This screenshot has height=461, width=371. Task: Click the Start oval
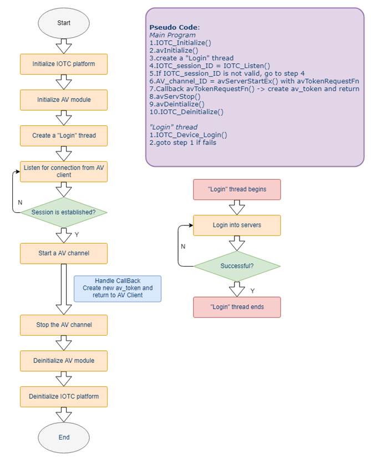(64, 23)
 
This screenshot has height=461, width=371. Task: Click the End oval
(64, 437)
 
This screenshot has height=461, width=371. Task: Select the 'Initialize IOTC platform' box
(64, 64)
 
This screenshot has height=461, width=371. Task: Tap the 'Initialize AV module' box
(64, 100)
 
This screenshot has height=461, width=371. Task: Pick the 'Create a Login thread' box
(64, 136)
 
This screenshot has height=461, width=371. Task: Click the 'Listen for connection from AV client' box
(64, 171)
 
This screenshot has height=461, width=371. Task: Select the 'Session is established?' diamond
(64, 212)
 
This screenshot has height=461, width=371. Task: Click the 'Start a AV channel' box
(64, 253)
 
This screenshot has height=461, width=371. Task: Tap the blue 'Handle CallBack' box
(118, 289)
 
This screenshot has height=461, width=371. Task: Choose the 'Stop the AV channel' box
(64, 325)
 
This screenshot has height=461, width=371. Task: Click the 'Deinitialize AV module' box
(64, 361)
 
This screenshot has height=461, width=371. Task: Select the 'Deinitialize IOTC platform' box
(64, 397)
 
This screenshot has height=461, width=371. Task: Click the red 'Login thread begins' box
(237, 189)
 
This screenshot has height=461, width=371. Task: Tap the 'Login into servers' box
(237, 225)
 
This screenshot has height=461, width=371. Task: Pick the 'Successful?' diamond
(237, 266)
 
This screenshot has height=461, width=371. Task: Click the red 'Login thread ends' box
(237, 307)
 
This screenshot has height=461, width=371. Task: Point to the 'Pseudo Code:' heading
(175, 27)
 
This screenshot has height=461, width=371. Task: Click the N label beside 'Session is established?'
(20, 203)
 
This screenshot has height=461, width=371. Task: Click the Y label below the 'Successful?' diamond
(252, 291)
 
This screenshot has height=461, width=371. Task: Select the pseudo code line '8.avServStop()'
(175, 96)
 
